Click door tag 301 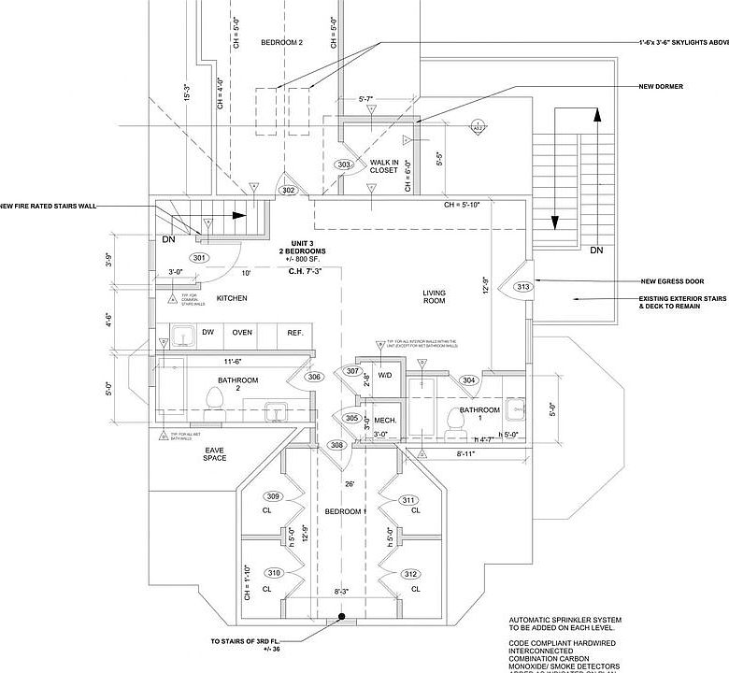point(197,257)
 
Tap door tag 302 point(288,191)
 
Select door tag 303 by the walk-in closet point(344,165)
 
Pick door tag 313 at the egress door point(522,287)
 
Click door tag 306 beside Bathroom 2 point(315,377)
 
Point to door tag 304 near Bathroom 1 point(469,380)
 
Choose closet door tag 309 point(273,496)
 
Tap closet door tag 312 point(411,573)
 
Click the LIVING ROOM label point(434,297)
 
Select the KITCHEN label point(232,298)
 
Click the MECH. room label point(385,421)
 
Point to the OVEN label point(242,333)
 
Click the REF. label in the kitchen point(295,333)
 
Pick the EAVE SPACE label point(215,454)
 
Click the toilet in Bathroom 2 point(214,400)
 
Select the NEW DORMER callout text point(661,86)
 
